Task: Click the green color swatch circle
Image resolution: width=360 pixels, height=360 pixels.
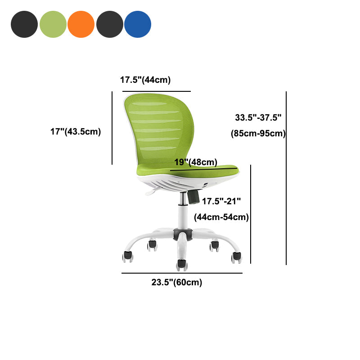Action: coord(53,24)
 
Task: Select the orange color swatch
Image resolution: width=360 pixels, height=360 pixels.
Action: coord(81,24)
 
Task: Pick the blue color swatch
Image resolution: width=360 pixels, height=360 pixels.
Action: coord(138,24)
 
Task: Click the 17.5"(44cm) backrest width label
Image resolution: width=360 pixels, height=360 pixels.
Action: coord(145,80)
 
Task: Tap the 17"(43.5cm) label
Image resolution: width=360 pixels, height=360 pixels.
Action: coord(76,131)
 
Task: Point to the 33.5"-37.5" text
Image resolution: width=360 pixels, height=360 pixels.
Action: coord(258,117)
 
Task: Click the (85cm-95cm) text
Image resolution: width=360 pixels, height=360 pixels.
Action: coord(258,133)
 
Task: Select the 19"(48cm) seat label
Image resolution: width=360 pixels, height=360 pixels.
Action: coord(196,162)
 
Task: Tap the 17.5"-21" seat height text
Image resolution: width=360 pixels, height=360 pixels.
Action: coord(221,201)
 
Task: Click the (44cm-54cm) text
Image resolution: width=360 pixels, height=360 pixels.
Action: coord(221,217)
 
